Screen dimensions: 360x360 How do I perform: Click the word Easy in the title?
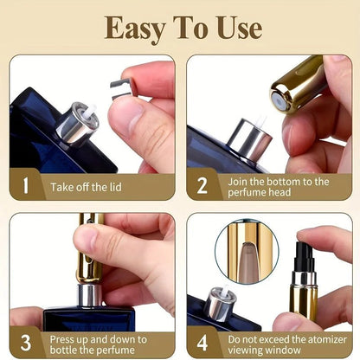click(x=135, y=28)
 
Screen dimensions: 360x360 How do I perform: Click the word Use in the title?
click(x=235, y=28)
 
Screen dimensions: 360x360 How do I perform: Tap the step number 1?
click(x=26, y=185)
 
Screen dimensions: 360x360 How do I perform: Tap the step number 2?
click(x=204, y=185)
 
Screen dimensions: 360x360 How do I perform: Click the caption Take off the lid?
click(x=90, y=186)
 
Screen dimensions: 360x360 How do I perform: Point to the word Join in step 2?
click(x=240, y=180)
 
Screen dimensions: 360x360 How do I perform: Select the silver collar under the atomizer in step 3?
click(x=88, y=295)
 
